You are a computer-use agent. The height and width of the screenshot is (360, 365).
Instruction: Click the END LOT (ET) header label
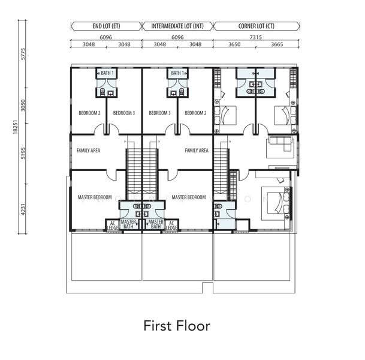pyautogui.click(x=106, y=26)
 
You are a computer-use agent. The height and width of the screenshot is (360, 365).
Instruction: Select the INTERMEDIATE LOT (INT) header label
pyautogui.click(x=177, y=26)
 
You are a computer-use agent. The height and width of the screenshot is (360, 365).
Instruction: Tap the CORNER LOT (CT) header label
pyautogui.click(x=257, y=26)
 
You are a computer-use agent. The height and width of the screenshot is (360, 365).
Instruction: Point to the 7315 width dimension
pyautogui.click(x=255, y=37)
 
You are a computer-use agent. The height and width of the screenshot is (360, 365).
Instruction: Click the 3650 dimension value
pyautogui.click(x=234, y=44)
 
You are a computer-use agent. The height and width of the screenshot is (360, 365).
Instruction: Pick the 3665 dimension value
pyautogui.click(x=277, y=44)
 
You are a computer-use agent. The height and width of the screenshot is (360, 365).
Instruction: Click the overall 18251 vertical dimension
pyautogui.click(x=15, y=127)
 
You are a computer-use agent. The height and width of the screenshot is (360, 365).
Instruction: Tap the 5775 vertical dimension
pyautogui.click(x=23, y=54)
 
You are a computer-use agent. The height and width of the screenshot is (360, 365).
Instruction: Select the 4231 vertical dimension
pyautogui.click(x=23, y=209)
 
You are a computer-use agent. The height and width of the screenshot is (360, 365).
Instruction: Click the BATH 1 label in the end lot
pyautogui.click(x=107, y=73)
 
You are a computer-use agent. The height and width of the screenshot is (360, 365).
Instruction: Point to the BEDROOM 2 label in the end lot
pyautogui.click(x=90, y=113)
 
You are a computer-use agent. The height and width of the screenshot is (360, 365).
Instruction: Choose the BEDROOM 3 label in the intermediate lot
pyautogui.click(x=159, y=113)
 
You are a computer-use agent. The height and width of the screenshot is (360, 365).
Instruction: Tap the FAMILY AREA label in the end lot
pyautogui.click(x=89, y=151)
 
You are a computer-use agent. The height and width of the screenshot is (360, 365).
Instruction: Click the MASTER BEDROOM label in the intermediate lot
pyautogui.click(x=189, y=197)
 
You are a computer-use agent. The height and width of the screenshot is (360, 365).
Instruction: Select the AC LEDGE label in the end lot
pyautogui.click(x=113, y=226)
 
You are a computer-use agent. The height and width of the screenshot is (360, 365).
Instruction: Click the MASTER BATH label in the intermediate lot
pyautogui.click(x=156, y=224)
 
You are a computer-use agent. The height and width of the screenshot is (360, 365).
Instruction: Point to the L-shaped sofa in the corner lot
pyautogui.click(x=280, y=144)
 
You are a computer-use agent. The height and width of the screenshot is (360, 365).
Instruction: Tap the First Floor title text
pyautogui.click(x=177, y=326)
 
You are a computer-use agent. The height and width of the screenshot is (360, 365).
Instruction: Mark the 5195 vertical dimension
pyautogui.click(x=23, y=154)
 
